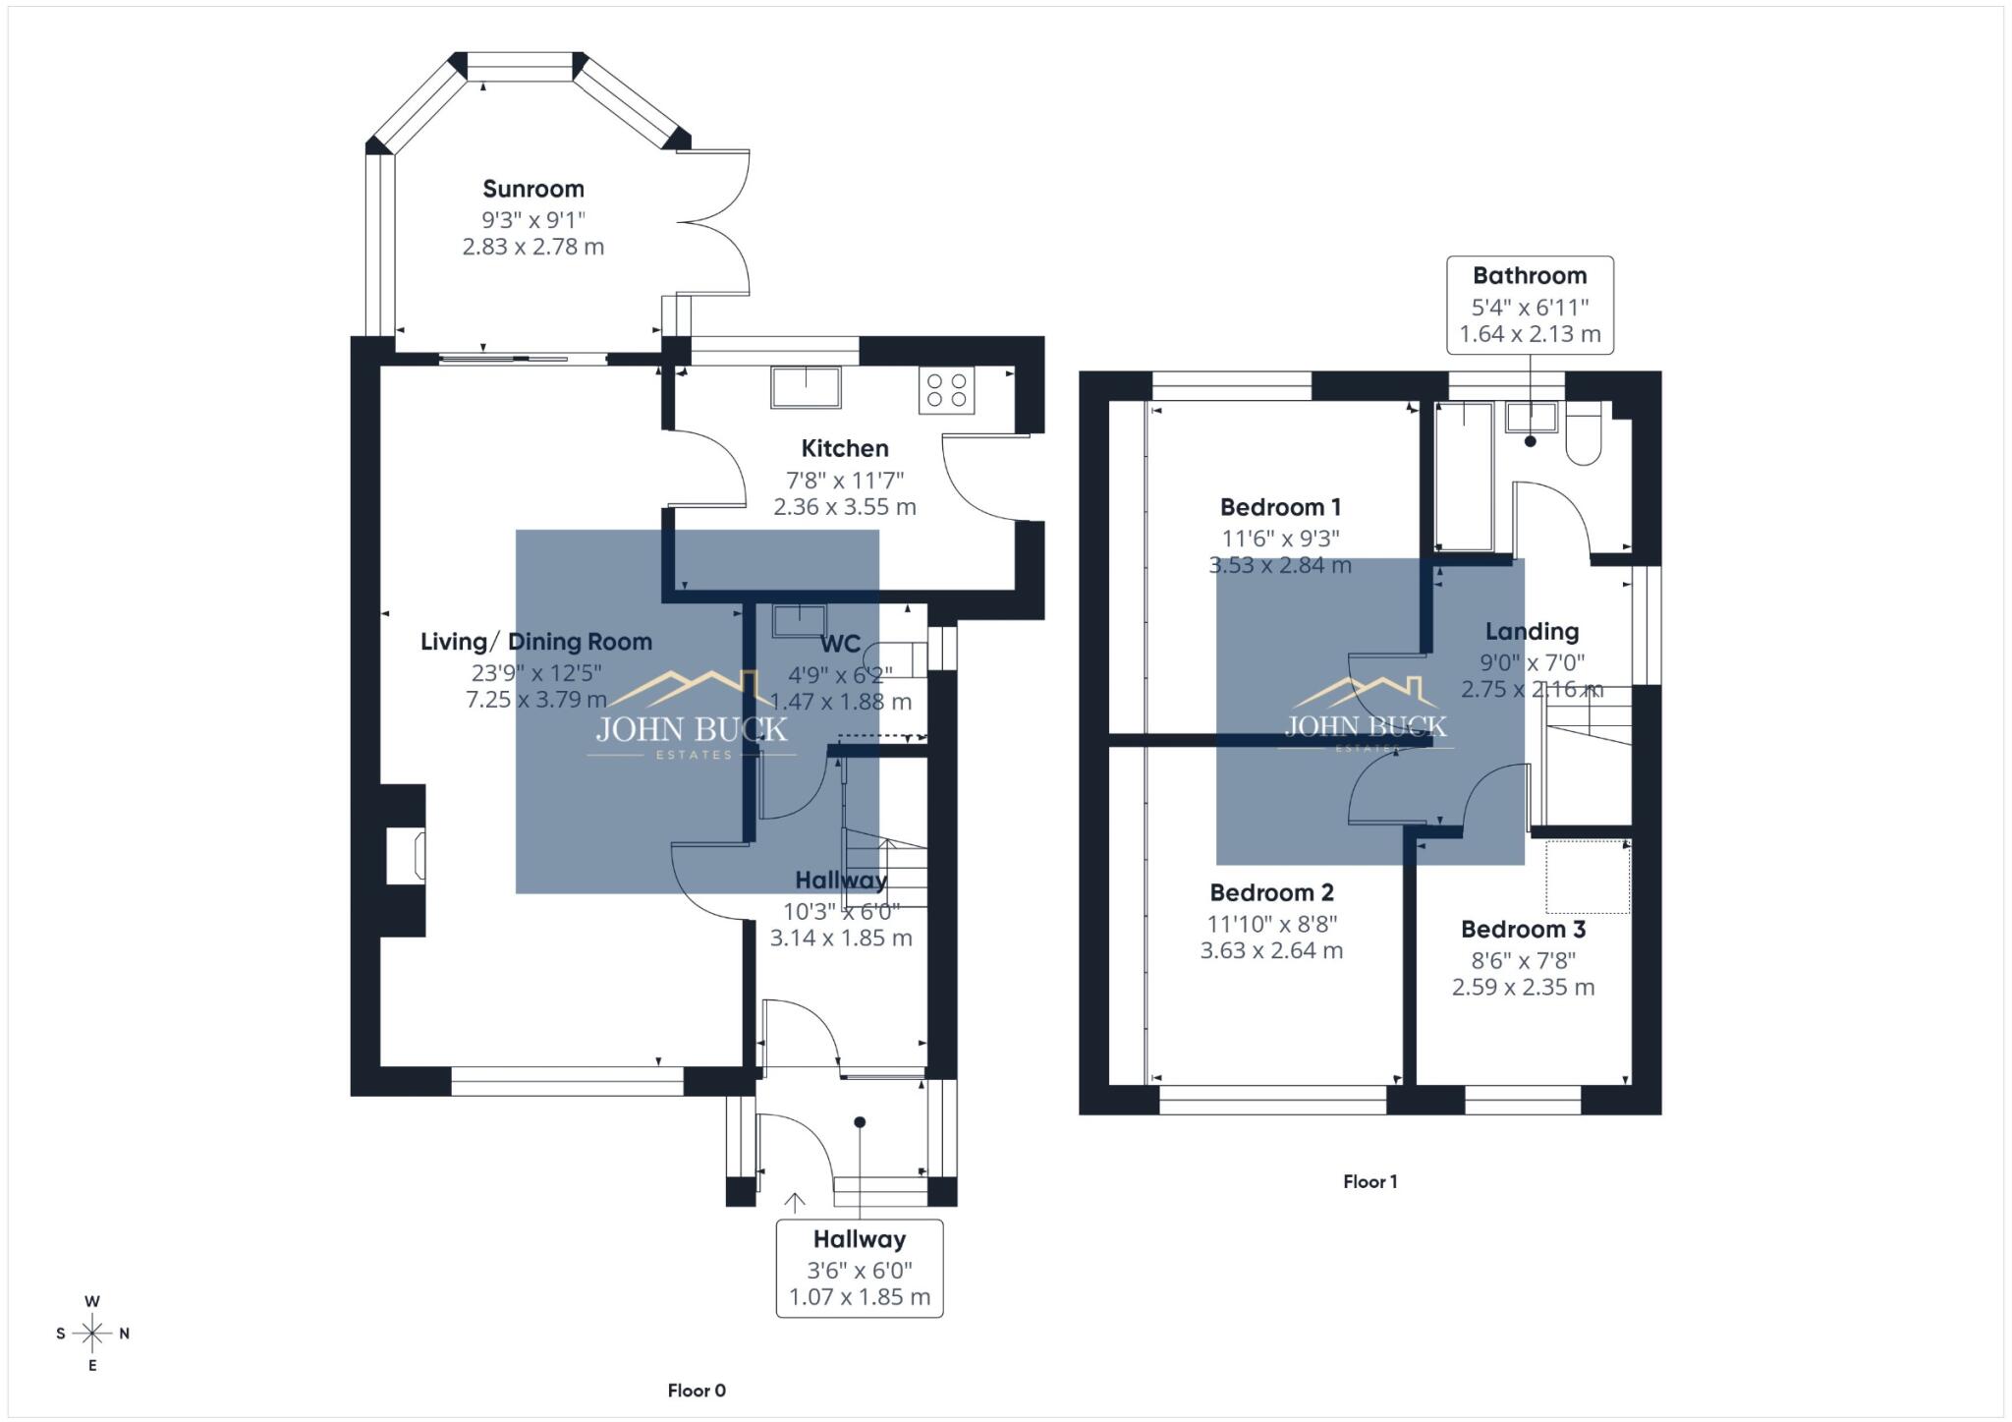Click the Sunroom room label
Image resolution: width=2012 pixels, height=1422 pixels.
coord(533,189)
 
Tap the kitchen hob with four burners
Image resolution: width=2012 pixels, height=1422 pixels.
coord(946,390)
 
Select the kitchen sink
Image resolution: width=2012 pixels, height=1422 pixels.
coord(806,386)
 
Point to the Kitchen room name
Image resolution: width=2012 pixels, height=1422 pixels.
coord(845,449)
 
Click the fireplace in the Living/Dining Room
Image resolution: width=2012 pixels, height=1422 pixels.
coord(406,855)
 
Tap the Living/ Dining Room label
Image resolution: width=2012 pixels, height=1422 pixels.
coord(536,642)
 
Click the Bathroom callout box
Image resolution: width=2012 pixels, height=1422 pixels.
coord(1530,305)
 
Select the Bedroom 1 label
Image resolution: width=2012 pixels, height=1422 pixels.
coord(1280,507)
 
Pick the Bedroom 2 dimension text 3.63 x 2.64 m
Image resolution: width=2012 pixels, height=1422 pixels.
coord(1271,950)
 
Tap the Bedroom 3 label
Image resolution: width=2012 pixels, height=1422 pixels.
coord(1523,930)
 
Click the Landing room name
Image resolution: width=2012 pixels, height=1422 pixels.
coord(1532,632)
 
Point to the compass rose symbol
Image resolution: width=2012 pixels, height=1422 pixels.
coord(92,1334)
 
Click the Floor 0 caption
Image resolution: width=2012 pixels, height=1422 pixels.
coord(697,1390)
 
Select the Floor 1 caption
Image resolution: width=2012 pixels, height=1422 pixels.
coord(1369,1181)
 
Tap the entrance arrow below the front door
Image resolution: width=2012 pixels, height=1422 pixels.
coord(795,1202)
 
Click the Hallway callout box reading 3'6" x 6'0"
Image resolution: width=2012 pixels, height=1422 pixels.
coord(859,1268)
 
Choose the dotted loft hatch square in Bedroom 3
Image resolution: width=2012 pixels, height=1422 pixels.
coord(1588,877)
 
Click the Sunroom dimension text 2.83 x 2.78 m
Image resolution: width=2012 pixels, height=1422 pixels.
coord(533,247)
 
